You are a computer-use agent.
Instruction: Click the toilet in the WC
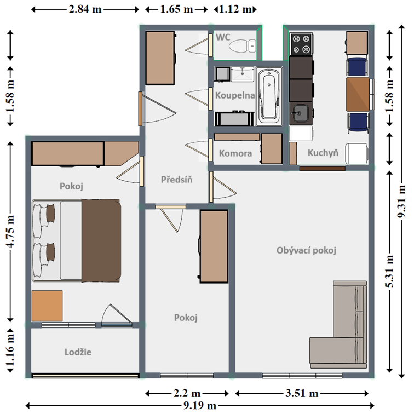pos(243,46)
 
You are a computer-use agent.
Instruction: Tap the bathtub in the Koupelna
pos(269,96)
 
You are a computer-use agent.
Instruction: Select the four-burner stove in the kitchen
pos(301,44)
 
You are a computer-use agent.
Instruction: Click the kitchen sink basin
pos(301,113)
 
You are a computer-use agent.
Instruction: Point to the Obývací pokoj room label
pos(306,250)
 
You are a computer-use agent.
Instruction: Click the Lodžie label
pos(78,352)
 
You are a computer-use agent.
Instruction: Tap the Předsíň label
pos(177,180)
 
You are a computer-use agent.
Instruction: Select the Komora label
pos(235,153)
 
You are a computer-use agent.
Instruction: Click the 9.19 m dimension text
pos(200,405)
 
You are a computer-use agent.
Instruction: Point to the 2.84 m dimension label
pos(85,9)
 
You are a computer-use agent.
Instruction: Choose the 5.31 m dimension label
pos(389,272)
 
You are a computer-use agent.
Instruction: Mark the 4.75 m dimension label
pos(10,232)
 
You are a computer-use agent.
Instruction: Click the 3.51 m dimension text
pos(302,393)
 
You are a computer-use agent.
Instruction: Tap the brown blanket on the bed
pos(101,240)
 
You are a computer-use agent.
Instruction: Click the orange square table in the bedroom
pos(47,306)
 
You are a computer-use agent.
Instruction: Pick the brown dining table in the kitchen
pos(358,94)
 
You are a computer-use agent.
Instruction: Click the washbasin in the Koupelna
pos(243,74)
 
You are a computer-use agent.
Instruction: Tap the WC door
pos(210,45)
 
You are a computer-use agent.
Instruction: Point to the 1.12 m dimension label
pos(235,9)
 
